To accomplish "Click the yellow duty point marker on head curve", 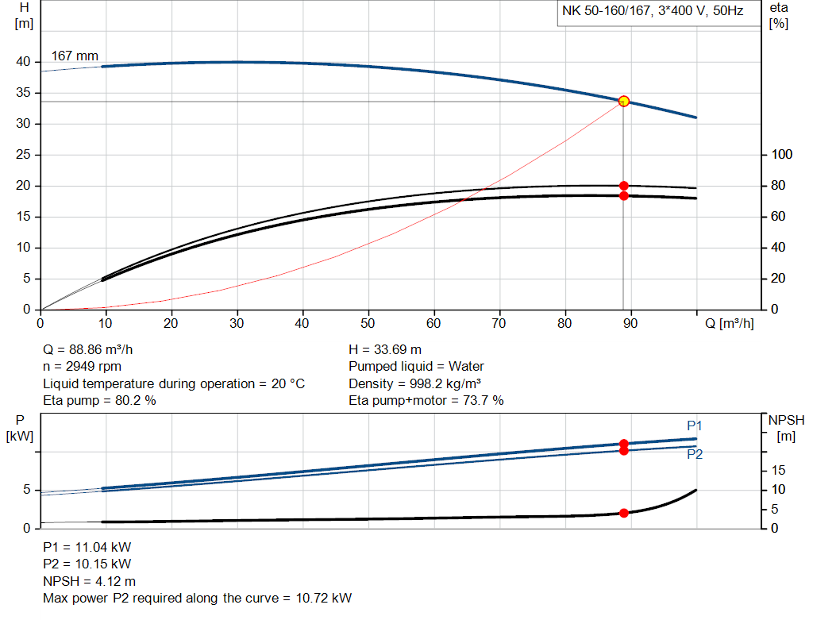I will coord(623,101).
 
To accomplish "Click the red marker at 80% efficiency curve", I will coord(623,186).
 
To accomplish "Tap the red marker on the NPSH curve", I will coord(623,513).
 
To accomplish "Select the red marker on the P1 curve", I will coord(623,444).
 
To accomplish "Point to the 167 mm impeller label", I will coord(75,56).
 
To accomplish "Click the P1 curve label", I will coord(695,426).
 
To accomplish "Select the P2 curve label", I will coord(695,454).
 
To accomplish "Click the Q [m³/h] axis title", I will coord(729,324).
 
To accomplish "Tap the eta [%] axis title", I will coord(779,15).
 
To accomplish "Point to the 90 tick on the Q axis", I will coord(630,324).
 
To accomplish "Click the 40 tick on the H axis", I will coord(23,62).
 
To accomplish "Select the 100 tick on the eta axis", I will coord(782,155).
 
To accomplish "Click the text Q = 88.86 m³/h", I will coord(94,349).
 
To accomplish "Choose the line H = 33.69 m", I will coord(385,349).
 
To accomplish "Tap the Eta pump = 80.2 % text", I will coord(99,401).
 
